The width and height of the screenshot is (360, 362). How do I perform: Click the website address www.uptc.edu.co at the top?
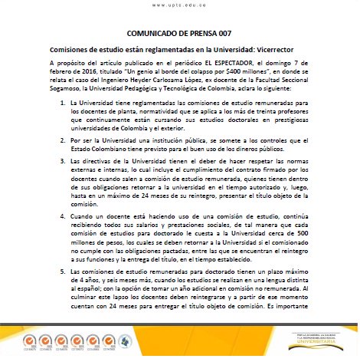[x=178, y=5]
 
